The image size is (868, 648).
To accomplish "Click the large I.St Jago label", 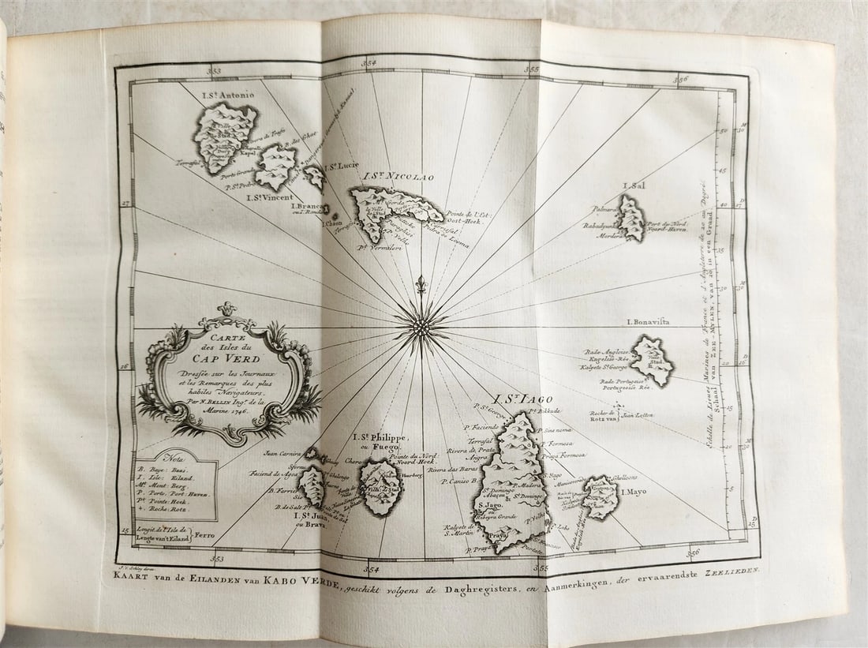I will [523, 400].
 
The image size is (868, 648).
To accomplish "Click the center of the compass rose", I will [421, 326].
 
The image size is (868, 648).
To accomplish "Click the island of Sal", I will [631, 218].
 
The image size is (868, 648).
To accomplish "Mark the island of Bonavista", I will [653, 360].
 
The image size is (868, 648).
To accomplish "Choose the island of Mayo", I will [600, 496].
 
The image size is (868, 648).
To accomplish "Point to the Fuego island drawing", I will [380, 487].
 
